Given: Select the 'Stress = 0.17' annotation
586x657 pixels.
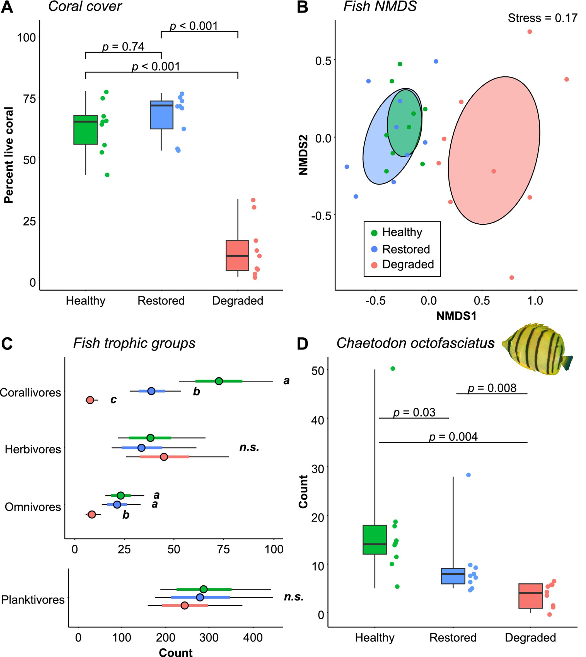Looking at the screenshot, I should pyautogui.click(x=542, y=18).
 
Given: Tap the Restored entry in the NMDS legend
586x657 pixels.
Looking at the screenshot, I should pyautogui.click(x=406, y=249).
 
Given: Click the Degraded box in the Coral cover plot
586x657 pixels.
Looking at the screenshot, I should pyautogui.click(x=237, y=255).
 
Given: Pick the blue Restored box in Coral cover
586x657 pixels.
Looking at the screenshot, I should pyautogui.click(x=162, y=115).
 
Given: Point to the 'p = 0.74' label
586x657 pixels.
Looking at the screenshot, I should pyautogui.click(x=123, y=47).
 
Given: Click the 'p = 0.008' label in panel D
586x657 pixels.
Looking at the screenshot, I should pyautogui.click(x=492, y=388).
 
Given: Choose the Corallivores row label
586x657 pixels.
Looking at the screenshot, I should pyautogui.click(x=31, y=392).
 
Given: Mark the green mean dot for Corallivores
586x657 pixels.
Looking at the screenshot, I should pyautogui.click(x=219, y=381).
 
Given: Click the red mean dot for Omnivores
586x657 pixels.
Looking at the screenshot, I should pyautogui.click(x=92, y=514).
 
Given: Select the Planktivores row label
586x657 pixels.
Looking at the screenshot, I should pyautogui.click(x=33, y=600).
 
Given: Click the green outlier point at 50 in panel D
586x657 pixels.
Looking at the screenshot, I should pyautogui.click(x=393, y=369).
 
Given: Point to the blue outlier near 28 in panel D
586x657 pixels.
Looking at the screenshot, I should pyautogui.click(x=468, y=475).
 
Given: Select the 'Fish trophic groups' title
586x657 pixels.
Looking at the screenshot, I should pyautogui.click(x=134, y=343).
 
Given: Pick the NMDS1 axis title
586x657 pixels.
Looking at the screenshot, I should pyautogui.click(x=456, y=316).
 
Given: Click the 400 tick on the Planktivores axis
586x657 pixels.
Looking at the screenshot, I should pyautogui.click(x=253, y=638).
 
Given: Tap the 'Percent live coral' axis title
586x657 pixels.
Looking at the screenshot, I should pyautogui.click(x=9, y=155).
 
